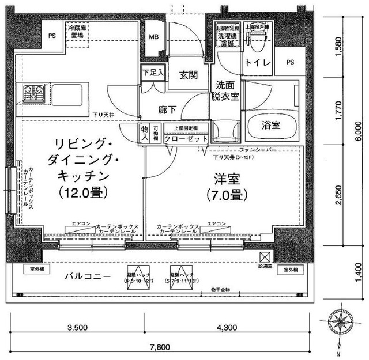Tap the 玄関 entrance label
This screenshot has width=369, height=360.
tap(188, 74)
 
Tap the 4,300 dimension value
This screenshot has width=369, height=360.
tap(227, 327)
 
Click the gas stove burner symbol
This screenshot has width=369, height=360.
tap(33, 90)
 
